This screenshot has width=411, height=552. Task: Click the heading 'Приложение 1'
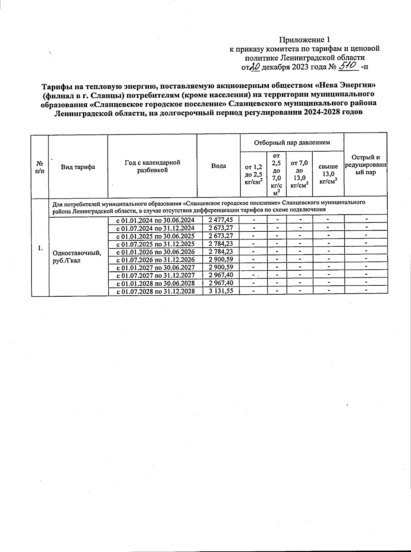304,39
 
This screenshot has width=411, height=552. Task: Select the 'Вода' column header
219,166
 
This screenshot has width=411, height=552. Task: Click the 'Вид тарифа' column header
78,167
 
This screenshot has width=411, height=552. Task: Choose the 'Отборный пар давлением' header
292,142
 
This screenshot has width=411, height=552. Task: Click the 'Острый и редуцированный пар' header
366,165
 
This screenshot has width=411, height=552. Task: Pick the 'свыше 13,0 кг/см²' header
328,174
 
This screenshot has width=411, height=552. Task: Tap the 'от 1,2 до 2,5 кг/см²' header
253,174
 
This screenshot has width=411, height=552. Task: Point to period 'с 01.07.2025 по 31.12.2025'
155,244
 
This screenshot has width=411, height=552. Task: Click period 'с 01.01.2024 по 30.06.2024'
155,220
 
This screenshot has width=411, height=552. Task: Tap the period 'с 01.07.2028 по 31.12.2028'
155,291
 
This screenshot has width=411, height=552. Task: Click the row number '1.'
40,248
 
